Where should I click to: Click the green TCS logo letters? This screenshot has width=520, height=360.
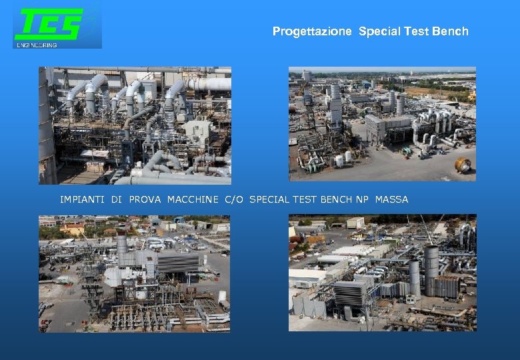pyautogui.click(x=49, y=25)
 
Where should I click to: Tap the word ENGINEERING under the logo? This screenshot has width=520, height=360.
pyautogui.click(x=37, y=45)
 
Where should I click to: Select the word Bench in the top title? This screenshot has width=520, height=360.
pyautogui.click(x=453, y=31)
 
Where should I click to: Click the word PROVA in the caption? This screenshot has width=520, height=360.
pyautogui.click(x=145, y=199)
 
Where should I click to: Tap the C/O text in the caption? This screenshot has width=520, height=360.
pyautogui.click(x=234, y=199)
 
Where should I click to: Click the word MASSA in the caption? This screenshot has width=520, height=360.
pyautogui.click(x=391, y=199)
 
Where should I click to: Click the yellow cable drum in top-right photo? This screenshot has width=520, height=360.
pyautogui.click(x=463, y=165)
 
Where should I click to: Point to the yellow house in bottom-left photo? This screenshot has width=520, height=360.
pyautogui.click(x=72, y=229)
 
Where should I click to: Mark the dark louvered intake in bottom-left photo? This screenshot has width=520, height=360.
pyautogui.click(x=179, y=263)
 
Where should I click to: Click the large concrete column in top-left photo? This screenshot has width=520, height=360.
pyautogui.click(x=47, y=127)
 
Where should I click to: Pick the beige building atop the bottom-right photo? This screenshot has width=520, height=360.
pyautogui.click(x=355, y=223)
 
